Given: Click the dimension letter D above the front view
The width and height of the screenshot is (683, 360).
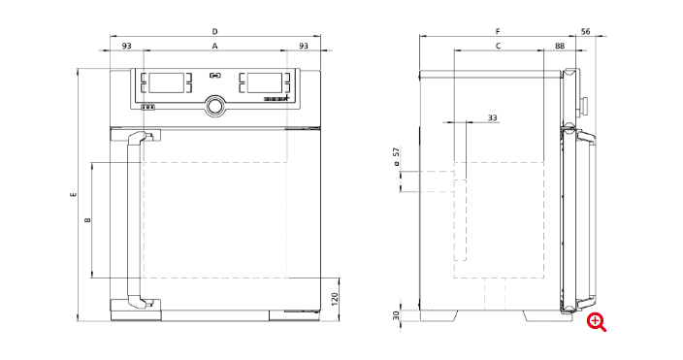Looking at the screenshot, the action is pyautogui.click(x=214, y=31).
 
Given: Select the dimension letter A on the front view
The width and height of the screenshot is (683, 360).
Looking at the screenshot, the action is pyautogui.click(x=214, y=46).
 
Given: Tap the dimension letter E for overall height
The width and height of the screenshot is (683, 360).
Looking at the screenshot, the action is pyautogui.click(x=74, y=194).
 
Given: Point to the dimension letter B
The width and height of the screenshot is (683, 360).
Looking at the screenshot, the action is pyautogui.click(x=88, y=220).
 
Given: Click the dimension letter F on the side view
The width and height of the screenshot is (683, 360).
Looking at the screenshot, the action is pyautogui.click(x=498, y=31).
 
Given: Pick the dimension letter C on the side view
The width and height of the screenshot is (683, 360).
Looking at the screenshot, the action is pyautogui.click(x=499, y=46).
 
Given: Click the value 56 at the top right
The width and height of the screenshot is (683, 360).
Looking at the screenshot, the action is pyautogui.click(x=586, y=31).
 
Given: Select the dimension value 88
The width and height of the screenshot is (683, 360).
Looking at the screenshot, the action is pyautogui.click(x=560, y=46).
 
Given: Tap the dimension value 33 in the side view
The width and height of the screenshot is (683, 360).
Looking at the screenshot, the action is pyautogui.click(x=492, y=117).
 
